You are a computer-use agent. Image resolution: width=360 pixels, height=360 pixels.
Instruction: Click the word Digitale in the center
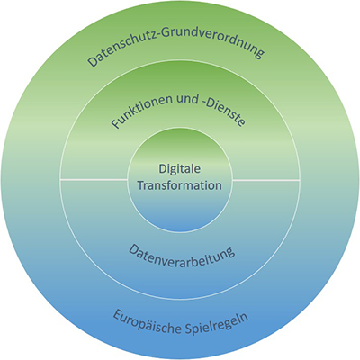(180, 169)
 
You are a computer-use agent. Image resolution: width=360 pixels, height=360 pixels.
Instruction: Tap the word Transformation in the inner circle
(180, 185)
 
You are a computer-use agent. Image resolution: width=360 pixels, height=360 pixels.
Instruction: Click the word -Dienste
(222, 109)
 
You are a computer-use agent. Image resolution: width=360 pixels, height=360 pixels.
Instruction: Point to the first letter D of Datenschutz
(93, 60)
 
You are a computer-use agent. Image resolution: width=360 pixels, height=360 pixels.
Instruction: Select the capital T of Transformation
(142, 185)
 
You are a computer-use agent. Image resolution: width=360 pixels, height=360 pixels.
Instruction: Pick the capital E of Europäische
(118, 315)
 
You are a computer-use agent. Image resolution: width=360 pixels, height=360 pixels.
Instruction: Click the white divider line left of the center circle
(94, 180)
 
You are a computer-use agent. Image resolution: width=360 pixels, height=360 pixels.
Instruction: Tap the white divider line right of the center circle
(266, 180)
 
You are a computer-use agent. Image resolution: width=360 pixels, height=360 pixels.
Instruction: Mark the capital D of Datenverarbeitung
(133, 249)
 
